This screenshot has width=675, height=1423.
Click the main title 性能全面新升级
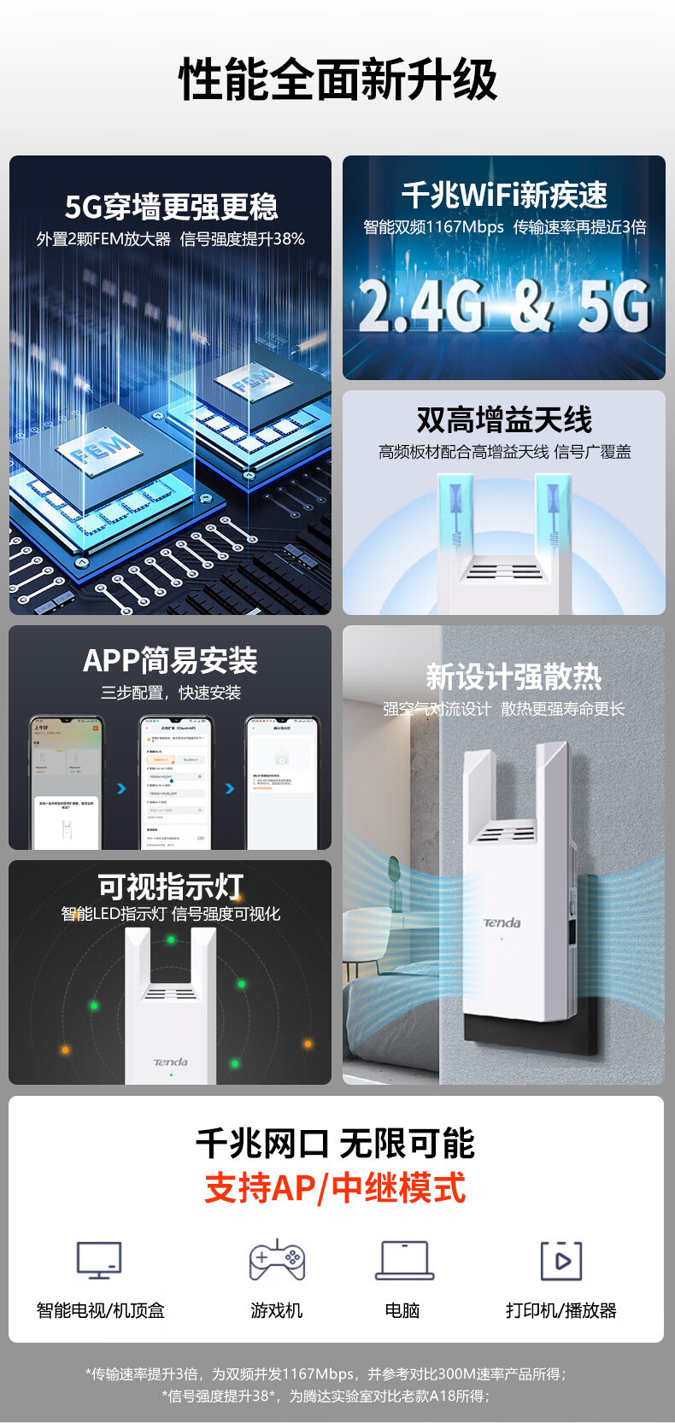(337, 80)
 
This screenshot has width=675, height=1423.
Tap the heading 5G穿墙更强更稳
(171, 208)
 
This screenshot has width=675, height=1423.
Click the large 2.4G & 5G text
(504, 306)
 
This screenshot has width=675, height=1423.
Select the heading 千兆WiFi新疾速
(504, 196)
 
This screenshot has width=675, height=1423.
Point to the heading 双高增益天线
(504, 420)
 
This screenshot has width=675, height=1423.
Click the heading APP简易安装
(170, 660)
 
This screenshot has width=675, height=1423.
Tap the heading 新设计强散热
(514, 677)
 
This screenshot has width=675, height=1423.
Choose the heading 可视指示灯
(170, 886)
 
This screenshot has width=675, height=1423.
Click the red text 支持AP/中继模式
(336, 1188)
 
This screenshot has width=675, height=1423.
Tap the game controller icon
(277, 1261)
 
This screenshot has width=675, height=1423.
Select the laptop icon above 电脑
(404, 1261)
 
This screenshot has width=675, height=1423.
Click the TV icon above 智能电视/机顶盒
(99, 1261)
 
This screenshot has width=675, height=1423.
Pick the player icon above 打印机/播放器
(561, 1261)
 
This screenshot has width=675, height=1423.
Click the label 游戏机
(277, 1310)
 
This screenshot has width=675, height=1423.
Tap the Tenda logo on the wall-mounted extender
(502, 922)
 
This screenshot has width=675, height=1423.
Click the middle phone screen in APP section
(176, 784)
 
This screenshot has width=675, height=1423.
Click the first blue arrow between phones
(121, 788)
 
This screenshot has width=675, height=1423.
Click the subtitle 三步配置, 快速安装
(170, 693)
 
